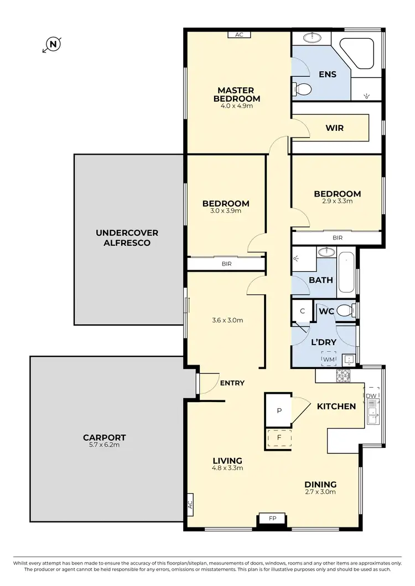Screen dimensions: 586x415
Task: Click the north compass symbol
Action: [52, 44]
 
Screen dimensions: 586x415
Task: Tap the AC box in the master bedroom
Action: [239, 34]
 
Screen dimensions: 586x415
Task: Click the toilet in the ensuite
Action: [303, 88]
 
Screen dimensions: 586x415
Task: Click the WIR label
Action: [335, 128]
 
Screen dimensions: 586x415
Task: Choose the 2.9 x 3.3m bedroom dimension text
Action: [337, 201]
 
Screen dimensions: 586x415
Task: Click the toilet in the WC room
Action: [345, 311]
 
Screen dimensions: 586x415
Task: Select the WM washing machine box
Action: [329, 359]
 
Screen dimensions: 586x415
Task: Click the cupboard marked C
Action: [302, 311]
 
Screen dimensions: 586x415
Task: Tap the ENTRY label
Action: [232, 383]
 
